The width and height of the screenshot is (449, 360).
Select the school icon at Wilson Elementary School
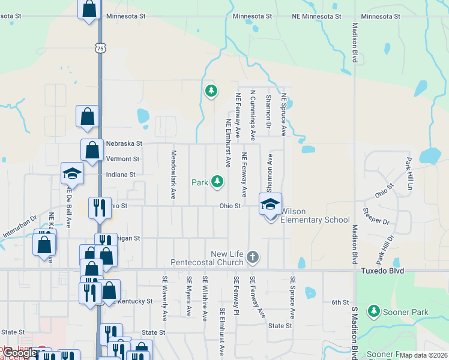point(270,205)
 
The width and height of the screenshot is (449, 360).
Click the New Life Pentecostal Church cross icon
point(253,258)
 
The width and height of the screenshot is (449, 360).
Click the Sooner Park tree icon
point(374,311)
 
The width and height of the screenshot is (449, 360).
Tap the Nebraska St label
point(124,144)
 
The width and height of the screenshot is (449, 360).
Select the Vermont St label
point(122,159)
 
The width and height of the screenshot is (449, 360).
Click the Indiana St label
point(121,175)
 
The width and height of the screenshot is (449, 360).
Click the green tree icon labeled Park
point(217,181)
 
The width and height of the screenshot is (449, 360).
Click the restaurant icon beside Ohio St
point(99,208)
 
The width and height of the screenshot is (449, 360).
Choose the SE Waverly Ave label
point(164,298)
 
